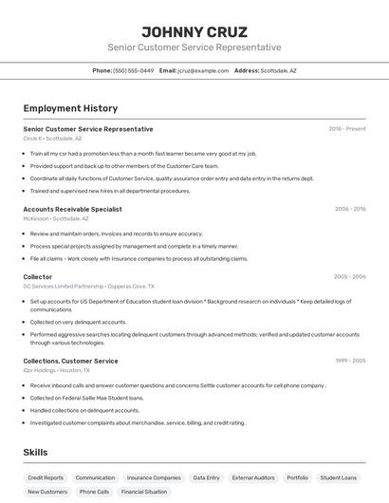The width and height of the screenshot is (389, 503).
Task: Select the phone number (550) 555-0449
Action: click(133, 70)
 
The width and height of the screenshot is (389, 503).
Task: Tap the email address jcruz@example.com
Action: click(203, 70)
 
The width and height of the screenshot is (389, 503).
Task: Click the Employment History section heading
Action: click(70, 108)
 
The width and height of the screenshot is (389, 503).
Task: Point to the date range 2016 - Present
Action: click(347, 128)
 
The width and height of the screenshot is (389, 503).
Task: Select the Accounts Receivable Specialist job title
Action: click(72, 209)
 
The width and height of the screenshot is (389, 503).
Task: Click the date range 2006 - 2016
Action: click(350, 209)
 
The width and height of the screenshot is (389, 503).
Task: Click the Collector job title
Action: click(38, 277)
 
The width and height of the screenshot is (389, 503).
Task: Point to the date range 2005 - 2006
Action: click(350, 277)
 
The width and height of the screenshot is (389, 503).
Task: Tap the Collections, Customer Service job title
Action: click(70, 361)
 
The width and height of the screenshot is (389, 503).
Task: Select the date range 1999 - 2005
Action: click(350, 361)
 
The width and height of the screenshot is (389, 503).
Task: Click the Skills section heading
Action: click(35, 453)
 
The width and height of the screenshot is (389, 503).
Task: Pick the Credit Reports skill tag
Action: click(46, 477)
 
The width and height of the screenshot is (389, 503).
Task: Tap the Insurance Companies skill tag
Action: click(154, 477)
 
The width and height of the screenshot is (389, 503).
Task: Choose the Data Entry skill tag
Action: click(206, 477)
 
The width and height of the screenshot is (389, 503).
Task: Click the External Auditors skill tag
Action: click(253, 477)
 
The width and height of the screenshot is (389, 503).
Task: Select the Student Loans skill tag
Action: click(339, 477)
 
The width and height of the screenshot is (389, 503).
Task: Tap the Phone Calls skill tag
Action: click(94, 492)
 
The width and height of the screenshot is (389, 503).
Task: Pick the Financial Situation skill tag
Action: click(144, 492)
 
